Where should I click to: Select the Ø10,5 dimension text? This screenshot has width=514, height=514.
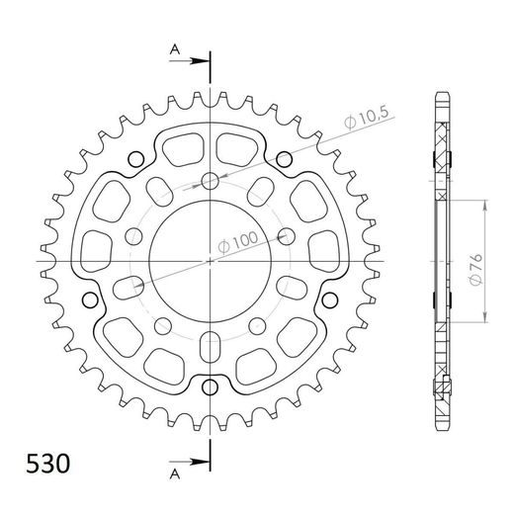[x=364, y=121]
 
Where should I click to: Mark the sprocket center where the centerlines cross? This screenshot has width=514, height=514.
[x=211, y=261]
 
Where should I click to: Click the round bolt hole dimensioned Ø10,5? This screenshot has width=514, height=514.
[x=211, y=180]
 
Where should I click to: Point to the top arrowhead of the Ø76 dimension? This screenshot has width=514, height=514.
[x=484, y=202]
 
